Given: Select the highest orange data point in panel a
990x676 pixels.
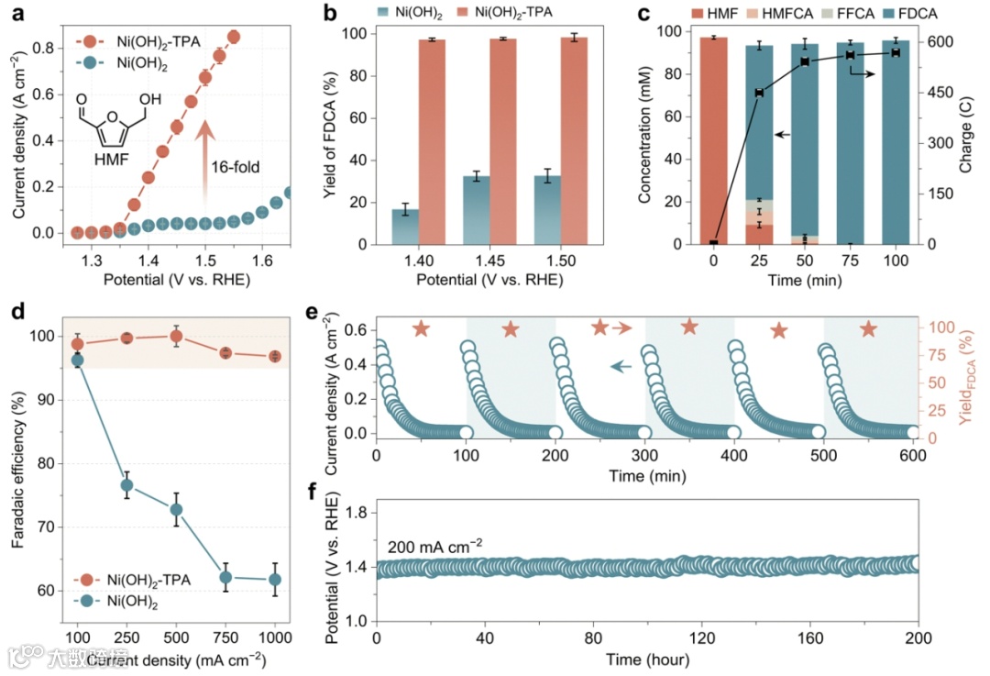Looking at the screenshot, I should coord(233,37).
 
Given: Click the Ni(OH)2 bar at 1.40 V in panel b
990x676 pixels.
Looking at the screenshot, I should coord(405,227).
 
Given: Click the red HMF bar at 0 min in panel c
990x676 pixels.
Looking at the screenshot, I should coord(713,140).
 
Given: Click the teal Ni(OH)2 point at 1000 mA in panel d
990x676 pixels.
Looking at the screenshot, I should coord(274,579).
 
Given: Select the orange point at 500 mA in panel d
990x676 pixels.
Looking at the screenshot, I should coord(177,337).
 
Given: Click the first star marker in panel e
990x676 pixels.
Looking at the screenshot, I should coord(421,328).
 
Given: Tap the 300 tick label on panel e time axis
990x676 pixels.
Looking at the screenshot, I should coord(645,456).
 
